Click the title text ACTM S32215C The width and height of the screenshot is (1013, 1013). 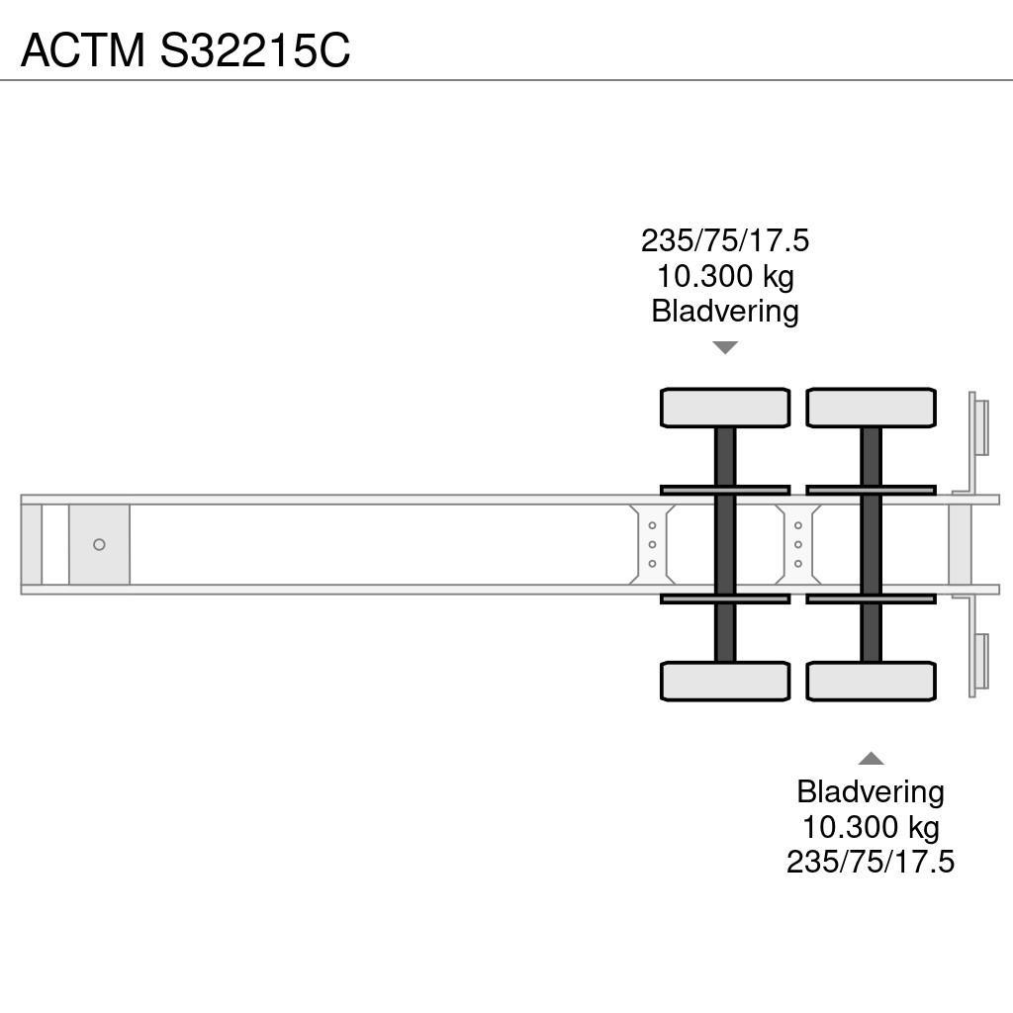pyautogui.click(x=185, y=49)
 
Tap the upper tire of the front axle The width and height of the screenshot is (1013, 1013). pyautogui.click(x=725, y=408)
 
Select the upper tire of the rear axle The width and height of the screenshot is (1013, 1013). pyautogui.click(x=871, y=408)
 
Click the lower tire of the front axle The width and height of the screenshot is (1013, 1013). pyautogui.click(x=725, y=681)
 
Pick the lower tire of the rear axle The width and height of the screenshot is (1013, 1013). pyautogui.click(x=871, y=681)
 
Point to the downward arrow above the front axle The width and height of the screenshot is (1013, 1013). pyautogui.click(x=725, y=347)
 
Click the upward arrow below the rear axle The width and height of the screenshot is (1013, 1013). pyautogui.click(x=871, y=759)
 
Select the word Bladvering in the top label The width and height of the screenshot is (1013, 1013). pyautogui.click(x=725, y=311)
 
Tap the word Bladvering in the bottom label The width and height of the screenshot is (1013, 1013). pyautogui.click(x=871, y=791)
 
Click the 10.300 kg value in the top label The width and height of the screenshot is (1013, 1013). pyautogui.click(x=725, y=276)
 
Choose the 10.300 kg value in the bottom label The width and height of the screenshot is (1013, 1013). pyautogui.click(x=871, y=826)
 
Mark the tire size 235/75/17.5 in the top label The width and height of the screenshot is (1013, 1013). pyautogui.click(x=725, y=240)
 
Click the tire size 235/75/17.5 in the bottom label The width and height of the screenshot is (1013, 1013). pyautogui.click(x=871, y=862)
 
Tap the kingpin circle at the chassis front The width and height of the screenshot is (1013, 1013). pyautogui.click(x=99, y=545)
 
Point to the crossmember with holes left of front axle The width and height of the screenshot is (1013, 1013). pyautogui.click(x=652, y=545)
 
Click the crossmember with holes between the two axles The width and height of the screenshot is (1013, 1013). pyautogui.click(x=798, y=545)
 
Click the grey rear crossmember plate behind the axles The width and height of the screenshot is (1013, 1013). pyautogui.click(x=961, y=545)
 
